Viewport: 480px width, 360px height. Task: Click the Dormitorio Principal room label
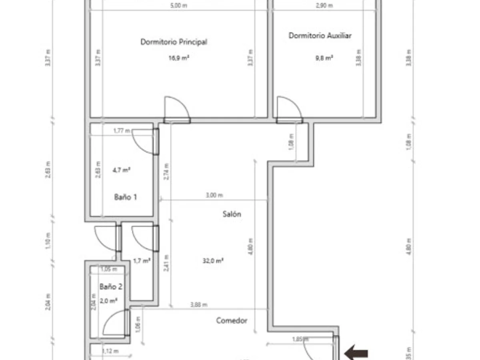click(x=174, y=42)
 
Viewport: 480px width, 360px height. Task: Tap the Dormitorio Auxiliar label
click(x=320, y=36)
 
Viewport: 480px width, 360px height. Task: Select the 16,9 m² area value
click(x=178, y=58)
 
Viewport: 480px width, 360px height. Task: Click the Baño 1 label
click(x=126, y=197)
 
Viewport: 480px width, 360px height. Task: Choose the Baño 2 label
click(x=111, y=286)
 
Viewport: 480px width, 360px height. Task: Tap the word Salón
click(x=232, y=214)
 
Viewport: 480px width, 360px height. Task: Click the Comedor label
click(x=232, y=320)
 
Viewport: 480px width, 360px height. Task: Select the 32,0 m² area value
click(x=213, y=261)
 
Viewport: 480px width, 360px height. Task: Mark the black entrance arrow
click(x=356, y=353)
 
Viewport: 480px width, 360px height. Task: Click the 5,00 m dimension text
click(x=179, y=6)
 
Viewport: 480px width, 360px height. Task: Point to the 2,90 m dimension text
click(x=324, y=6)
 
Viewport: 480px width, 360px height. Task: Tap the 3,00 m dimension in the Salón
click(x=214, y=195)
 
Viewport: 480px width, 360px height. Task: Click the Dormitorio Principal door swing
click(x=176, y=109)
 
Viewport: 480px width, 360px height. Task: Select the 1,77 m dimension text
click(x=122, y=130)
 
